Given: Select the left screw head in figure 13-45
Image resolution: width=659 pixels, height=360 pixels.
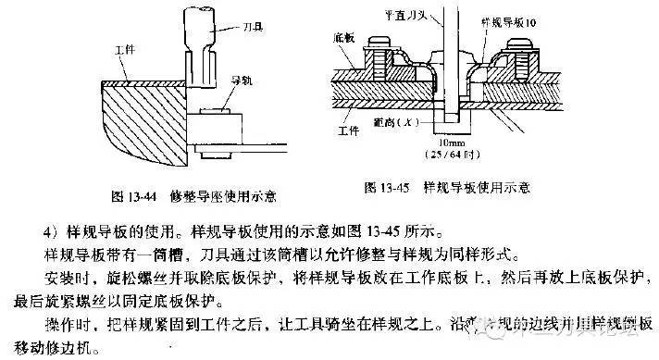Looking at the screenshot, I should pyautogui.click(x=379, y=43).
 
